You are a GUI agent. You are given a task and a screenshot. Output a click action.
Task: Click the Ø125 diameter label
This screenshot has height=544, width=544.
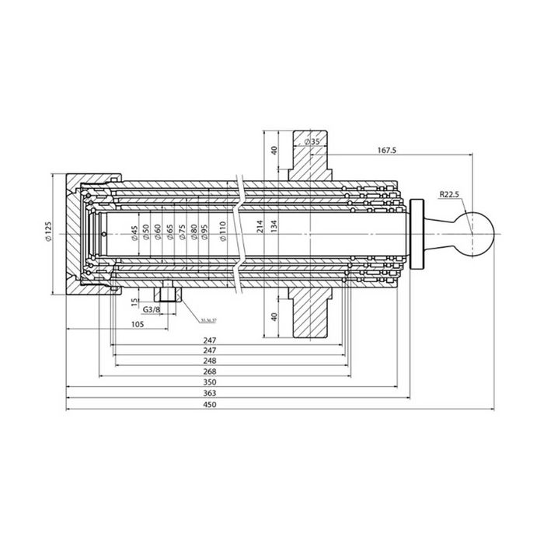(x=49, y=232)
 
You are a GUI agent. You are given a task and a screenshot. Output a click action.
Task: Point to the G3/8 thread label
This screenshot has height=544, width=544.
(x=152, y=310)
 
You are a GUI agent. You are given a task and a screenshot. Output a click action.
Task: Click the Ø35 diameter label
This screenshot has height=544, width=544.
(x=312, y=141)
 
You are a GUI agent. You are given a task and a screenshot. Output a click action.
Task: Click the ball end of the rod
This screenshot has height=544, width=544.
(x=476, y=232)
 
